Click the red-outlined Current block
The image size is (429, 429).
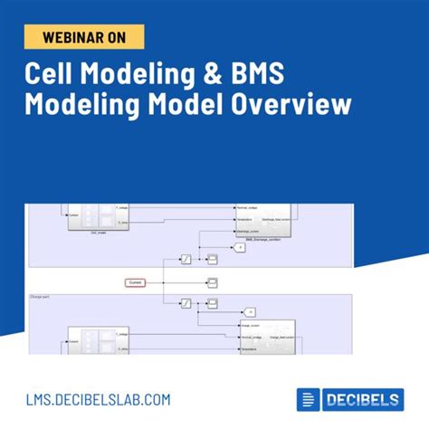tap(135, 283)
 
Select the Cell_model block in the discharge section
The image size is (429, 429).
tap(87, 220)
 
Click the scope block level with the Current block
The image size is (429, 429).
tap(211, 283)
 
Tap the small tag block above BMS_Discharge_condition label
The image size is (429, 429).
tap(240, 246)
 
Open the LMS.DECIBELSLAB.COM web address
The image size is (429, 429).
tap(97, 398)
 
